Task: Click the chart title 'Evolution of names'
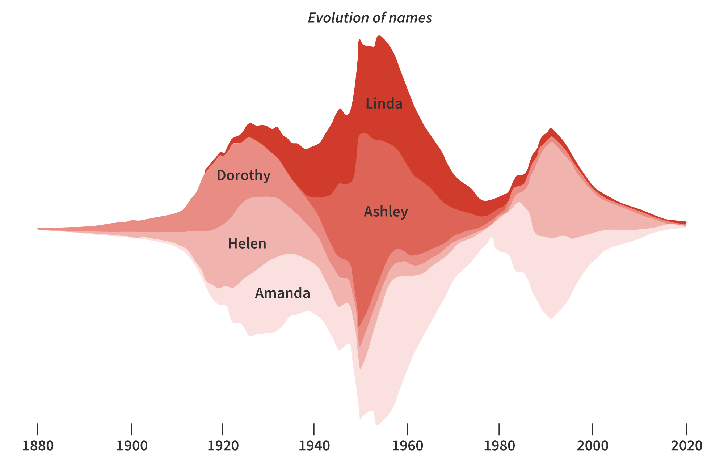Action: click(x=370, y=18)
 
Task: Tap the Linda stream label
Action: click(x=384, y=104)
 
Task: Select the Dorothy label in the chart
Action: click(x=243, y=175)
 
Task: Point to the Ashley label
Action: click(x=386, y=212)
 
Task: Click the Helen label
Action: click(x=247, y=243)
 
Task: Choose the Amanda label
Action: click(x=282, y=293)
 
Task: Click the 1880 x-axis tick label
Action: click(x=38, y=446)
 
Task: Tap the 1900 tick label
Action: click(x=132, y=446)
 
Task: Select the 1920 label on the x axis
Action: click(x=223, y=446)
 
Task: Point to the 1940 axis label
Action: click(x=314, y=446)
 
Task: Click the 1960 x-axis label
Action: click(x=408, y=446)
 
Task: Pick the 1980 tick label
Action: click(x=499, y=446)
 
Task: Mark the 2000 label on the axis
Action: click(x=593, y=446)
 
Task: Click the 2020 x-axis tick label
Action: click(x=686, y=446)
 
